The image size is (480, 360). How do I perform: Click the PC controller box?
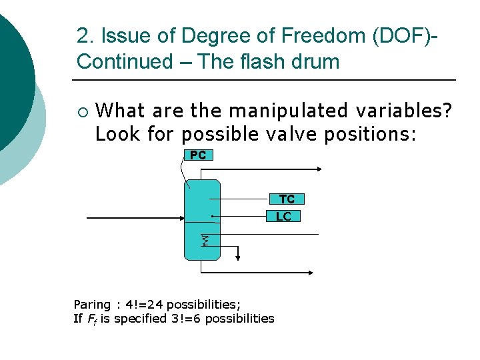coord(198,155)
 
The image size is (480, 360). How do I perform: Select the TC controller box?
coord(287,199)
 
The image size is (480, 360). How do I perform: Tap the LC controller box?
coord(283,216)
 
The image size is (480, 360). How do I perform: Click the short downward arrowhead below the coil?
coord(238,257)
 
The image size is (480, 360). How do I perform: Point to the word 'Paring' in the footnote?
coord(92,305)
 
